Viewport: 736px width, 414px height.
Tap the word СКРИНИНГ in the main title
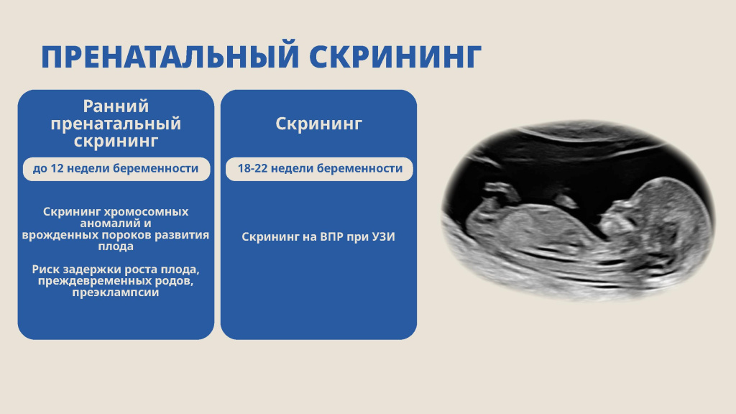click(x=395, y=57)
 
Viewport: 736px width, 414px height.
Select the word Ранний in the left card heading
click(x=116, y=106)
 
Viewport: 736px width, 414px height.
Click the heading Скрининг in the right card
click(x=318, y=124)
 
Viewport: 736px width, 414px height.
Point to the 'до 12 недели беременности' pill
click(x=116, y=169)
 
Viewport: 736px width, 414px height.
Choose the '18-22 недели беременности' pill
click(x=318, y=169)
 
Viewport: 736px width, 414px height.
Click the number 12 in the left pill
click(x=59, y=169)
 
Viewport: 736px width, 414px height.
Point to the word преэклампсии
click(x=116, y=293)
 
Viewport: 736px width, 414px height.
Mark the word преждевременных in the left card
click(x=86, y=281)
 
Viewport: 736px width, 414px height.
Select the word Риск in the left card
click(x=46, y=270)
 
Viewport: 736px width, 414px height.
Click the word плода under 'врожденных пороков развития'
click(x=116, y=247)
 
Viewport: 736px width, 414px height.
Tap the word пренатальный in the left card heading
click(x=116, y=124)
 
